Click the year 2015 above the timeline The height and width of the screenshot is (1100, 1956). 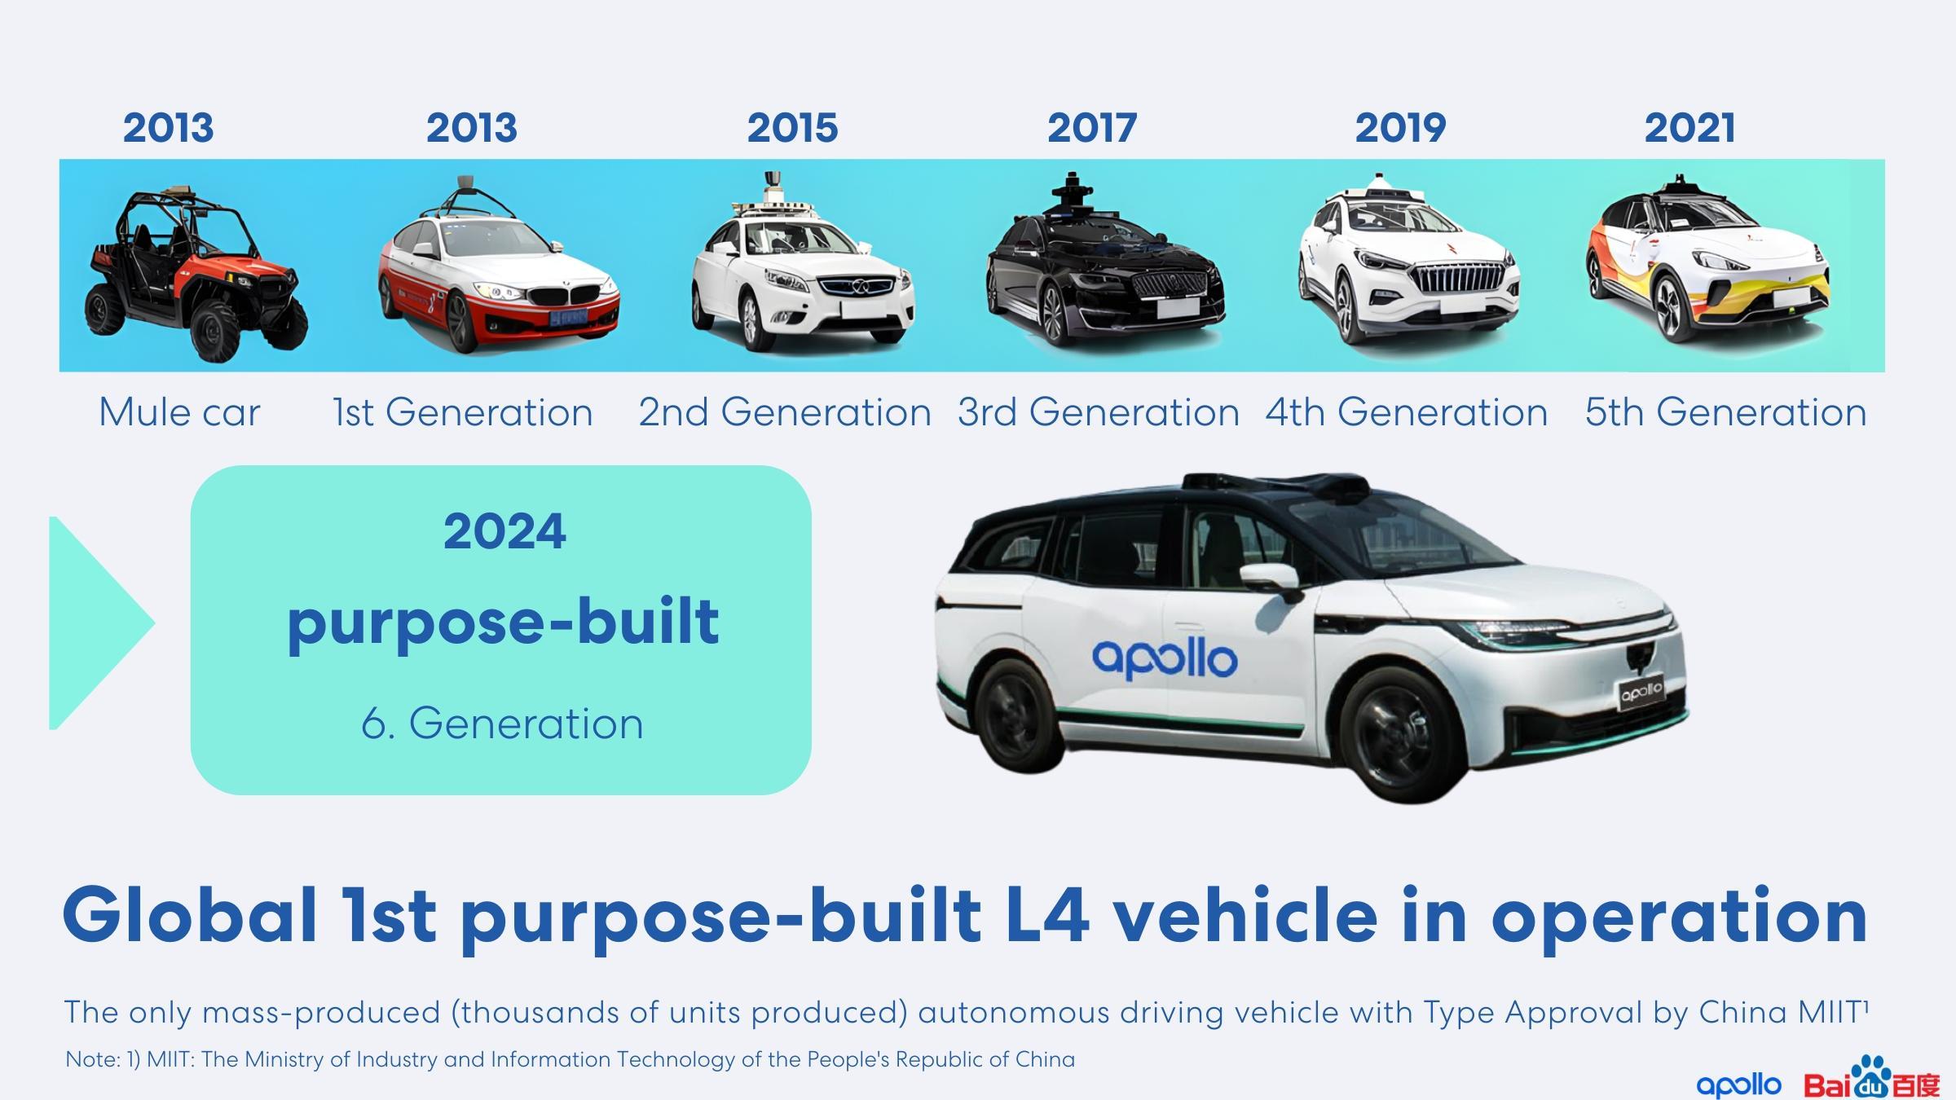[792, 128]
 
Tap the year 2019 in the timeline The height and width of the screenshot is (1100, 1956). [1400, 128]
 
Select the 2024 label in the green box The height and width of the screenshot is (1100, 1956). [504, 531]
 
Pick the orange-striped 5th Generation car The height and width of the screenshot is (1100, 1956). [1707, 261]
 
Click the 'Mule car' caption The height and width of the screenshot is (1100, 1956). [179, 412]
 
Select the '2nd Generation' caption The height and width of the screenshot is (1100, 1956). [784, 412]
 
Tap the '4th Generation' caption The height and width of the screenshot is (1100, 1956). [1406, 412]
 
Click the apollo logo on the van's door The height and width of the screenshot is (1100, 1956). [1164, 658]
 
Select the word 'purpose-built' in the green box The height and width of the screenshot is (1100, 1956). [503, 623]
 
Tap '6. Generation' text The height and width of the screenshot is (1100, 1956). [502, 724]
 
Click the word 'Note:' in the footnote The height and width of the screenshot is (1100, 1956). [92, 1059]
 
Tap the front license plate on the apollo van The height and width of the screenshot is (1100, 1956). [1641, 693]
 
